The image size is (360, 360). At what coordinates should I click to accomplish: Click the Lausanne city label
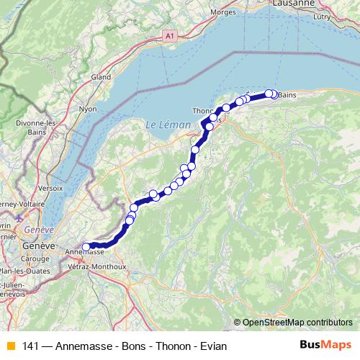click(x=294, y=4)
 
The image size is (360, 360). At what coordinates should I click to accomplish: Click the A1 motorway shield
click(x=169, y=35)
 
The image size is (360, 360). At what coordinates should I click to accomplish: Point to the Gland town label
click(x=100, y=77)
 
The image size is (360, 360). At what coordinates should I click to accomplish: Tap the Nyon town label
click(x=87, y=109)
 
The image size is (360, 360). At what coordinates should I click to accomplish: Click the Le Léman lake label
click(x=168, y=125)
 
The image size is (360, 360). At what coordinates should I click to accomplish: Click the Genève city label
click(x=39, y=246)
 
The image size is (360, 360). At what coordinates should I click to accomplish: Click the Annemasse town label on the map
click(x=85, y=253)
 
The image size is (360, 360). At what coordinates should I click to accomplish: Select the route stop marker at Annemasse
click(x=86, y=247)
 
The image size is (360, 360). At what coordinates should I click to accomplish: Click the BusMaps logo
click(x=325, y=346)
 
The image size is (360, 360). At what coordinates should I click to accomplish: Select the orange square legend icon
click(x=9, y=346)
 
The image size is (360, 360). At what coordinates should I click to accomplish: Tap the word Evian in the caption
click(x=214, y=346)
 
